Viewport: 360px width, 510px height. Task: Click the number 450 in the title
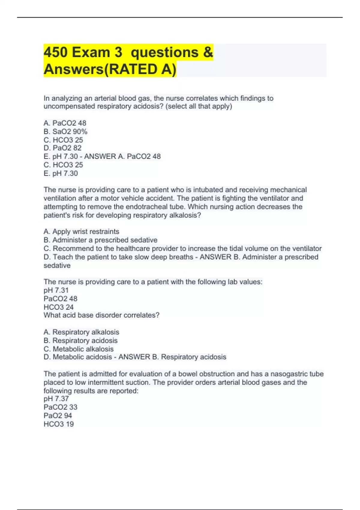click(55, 52)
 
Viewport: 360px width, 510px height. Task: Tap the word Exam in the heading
click(91, 52)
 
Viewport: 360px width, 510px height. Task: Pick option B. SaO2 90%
click(65, 131)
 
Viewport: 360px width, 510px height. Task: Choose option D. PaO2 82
click(62, 148)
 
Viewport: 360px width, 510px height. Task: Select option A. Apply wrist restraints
click(81, 232)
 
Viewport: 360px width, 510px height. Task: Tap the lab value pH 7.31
click(56, 290)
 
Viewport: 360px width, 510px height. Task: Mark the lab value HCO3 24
click(58, 307)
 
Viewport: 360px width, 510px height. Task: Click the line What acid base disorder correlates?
click(101, 315)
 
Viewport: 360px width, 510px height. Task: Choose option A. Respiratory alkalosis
click(81, 332)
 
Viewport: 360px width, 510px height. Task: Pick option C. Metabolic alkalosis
click(79, 349)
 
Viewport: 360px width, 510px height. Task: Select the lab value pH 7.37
click(56, 399)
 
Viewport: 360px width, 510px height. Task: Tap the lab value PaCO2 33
click(60, 407)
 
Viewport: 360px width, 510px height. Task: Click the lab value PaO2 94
click(58, 415)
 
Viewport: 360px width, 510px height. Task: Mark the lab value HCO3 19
click(58, 424)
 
